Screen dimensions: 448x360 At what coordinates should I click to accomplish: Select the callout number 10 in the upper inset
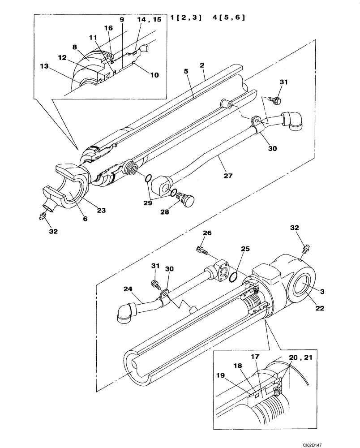[154, 75]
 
